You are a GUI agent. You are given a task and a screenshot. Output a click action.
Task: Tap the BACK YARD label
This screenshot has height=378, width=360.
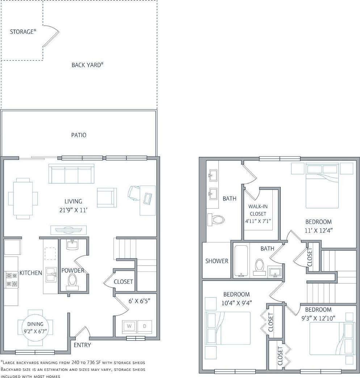pos(87,65)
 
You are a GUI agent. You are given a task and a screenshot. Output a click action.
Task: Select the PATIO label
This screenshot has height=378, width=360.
pos(79,135)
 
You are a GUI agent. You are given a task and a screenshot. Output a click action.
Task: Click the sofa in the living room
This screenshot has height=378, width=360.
pos(71,174)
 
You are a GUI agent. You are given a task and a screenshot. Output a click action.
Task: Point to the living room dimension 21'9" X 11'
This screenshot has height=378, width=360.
pos(73,210)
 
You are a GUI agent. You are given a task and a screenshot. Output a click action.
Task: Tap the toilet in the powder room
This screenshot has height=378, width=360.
pos(72,281)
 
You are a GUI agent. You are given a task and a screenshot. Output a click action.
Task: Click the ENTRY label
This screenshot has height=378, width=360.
pos(82,345)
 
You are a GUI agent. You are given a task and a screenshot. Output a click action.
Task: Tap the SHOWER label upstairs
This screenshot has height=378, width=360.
pos(217,261)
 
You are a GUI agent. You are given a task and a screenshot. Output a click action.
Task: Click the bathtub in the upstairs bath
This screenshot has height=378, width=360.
pos(241,261)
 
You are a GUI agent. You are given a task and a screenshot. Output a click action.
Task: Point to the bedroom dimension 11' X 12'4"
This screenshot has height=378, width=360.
pos(318,230)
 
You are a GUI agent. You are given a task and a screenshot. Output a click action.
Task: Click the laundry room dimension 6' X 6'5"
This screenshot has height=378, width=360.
pos(139,300)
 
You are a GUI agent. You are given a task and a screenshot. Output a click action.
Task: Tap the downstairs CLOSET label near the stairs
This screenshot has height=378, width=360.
pos(123,282)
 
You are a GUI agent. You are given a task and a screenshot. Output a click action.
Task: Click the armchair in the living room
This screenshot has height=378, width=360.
pos(107,198)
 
